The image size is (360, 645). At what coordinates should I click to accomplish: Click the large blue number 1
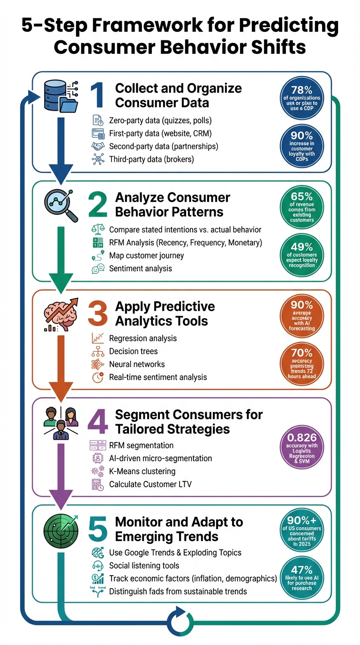coord(97,95)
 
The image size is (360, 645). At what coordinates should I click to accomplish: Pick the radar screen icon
coord(60,529)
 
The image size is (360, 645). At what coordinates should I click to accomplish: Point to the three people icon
coord(60,422)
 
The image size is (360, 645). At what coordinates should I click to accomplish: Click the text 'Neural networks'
coord(137,364)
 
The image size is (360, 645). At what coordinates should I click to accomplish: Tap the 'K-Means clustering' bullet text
coord(142,471)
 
